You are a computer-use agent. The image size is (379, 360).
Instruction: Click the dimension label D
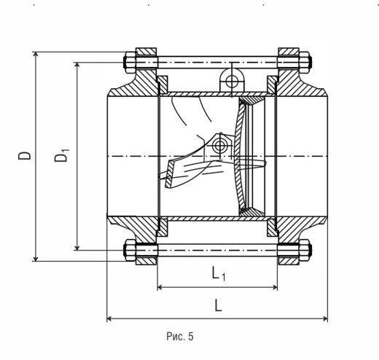click(x=25, y=155)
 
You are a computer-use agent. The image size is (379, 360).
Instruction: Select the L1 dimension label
click(x=219, y=273)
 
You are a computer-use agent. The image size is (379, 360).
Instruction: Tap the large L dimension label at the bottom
click(x=218, y=305)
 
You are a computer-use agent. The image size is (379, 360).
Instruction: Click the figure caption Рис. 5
click(x=180, y=337)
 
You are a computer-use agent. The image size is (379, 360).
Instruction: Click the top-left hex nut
click(x=130, y=62)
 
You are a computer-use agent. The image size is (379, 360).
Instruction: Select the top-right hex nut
click(x=305, y=62)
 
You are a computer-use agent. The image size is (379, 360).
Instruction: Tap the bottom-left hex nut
click(x=130, y=250)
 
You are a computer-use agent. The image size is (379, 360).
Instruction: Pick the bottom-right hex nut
click(x=305, y=250)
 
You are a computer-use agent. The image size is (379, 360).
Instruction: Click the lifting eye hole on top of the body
click(x=232, y=81)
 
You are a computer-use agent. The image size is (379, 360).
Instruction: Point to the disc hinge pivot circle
click(x=220, y=146)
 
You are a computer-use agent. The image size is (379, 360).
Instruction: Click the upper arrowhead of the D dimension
click(x=36, y=55)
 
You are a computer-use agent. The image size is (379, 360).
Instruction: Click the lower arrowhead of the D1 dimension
click(x=77, y=247)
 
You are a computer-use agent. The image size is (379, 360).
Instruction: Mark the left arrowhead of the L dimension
click(x=110, y=318)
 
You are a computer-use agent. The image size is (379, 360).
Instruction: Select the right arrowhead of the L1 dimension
click(x=274, y=287)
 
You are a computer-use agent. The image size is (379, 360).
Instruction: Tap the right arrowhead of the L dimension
click(x=324, y=318)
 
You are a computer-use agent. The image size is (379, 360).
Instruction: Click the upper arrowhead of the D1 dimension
click(x=77, y=66)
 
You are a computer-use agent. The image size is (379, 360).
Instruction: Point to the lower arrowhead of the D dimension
click(x=36, y=258)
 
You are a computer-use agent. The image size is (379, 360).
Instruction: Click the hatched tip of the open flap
click(x=170, y=174)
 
